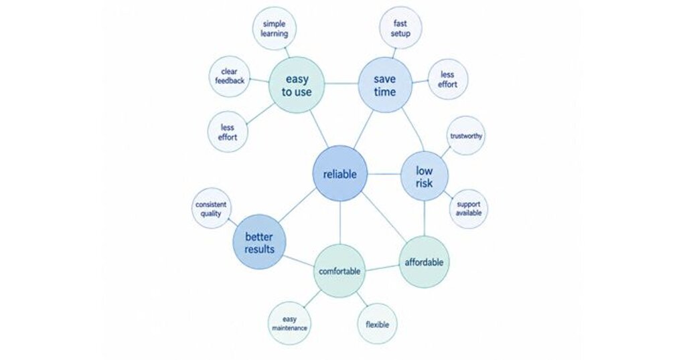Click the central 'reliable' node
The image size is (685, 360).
pos(340,174)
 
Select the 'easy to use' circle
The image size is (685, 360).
pos(297,85)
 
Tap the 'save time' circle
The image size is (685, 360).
pos(385,85)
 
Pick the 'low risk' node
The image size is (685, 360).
pos(425,176)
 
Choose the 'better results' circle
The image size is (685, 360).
pos(260,242)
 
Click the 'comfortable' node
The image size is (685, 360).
pos(339,271)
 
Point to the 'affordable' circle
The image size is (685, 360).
pos(424,262)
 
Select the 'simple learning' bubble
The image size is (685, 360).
pos(275,29)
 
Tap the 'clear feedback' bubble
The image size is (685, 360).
pos(230,76)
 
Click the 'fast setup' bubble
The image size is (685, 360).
pos(400,28)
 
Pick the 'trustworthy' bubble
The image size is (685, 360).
pos(466,136)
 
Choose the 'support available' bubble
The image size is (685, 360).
pos(468,209)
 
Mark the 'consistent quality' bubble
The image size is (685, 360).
pos(211,209)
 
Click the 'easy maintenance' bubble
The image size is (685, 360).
pos(289,323)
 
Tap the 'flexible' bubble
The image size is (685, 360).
pos(378,325)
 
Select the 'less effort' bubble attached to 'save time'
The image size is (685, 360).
pos(447,80)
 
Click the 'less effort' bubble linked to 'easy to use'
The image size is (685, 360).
pos(228,132)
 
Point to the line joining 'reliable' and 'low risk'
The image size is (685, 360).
pos(384,175)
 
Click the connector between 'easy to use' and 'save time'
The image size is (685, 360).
pos(341,84)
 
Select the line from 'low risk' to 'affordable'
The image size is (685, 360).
pos(425,219)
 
